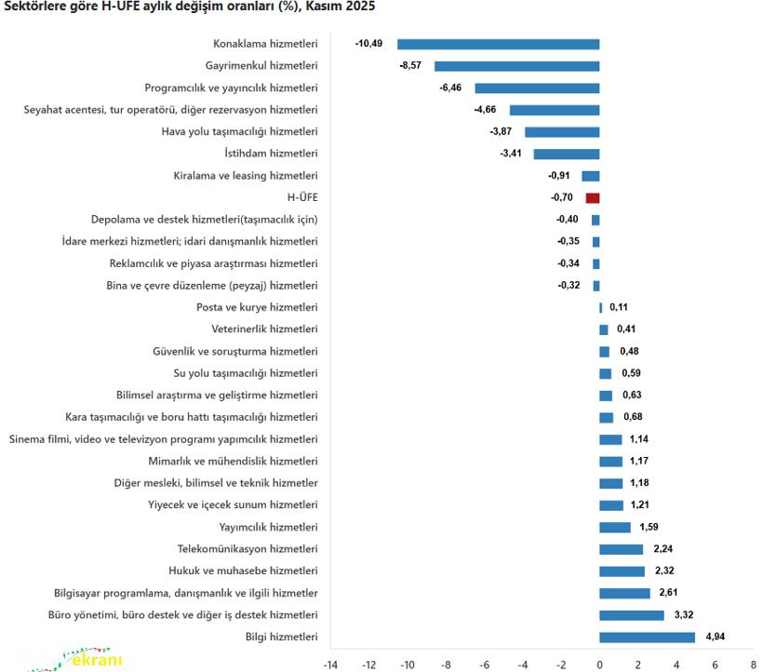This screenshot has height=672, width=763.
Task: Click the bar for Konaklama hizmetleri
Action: [498, 44]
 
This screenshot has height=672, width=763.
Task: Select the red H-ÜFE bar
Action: [593, 198]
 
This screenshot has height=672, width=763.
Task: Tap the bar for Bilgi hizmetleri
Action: [647, 638]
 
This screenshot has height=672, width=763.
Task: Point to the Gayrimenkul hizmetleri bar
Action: [516, 66]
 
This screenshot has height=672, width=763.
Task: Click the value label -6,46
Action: [450, 87]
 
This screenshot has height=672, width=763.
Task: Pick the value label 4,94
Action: [716, 638]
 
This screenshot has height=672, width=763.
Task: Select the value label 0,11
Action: [619, 307]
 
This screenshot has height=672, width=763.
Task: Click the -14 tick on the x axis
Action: [330, 665]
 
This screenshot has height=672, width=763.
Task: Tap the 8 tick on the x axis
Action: [753, 665]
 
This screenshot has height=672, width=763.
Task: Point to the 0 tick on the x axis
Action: [599, 665]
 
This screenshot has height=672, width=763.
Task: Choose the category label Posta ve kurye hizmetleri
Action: [257, 307]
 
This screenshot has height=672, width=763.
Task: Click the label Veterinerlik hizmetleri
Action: [264, 329]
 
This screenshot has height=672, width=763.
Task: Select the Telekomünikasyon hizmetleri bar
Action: [621, 549]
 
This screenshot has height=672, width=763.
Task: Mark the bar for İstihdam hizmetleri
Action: [566, 154]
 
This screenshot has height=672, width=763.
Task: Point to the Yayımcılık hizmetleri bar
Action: [614, 527]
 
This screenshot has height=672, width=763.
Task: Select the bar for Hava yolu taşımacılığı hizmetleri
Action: [562, 132]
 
